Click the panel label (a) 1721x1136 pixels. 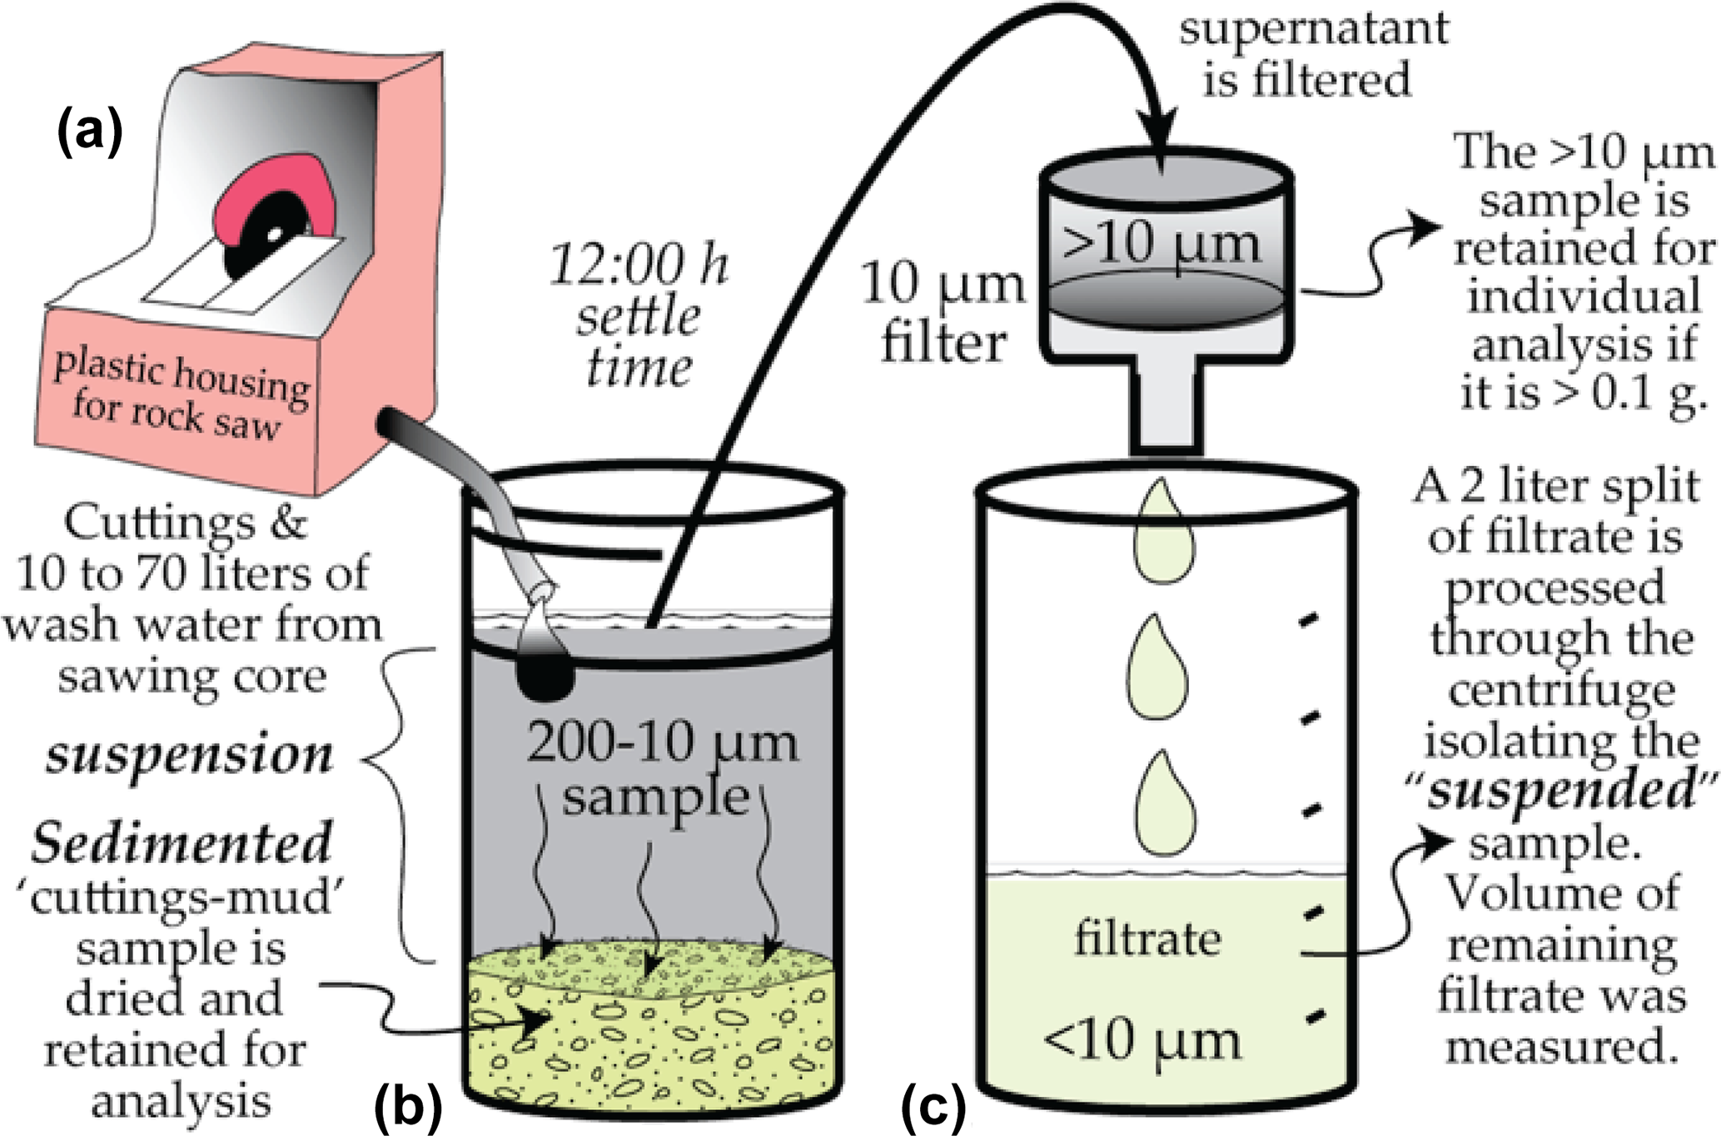click(x=90, y=133)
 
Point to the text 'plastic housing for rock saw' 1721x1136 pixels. click(x=179, y=395)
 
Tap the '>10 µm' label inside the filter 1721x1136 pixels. click(x=1161, y=244)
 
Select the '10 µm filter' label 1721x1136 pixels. click(x=943, y=312)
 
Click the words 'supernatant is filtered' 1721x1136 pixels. click(x=1313, y=54)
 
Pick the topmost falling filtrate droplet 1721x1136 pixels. click(x=1162, y=533)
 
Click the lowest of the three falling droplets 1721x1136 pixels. click(x=1165, y=802)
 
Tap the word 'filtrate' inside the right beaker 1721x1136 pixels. click(x=1147, y=939)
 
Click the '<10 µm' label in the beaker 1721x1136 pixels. click(x=1142, y=1039)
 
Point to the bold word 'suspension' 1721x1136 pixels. click(x=190, y=756)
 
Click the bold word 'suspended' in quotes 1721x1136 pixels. click(x=1560, y=791)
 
